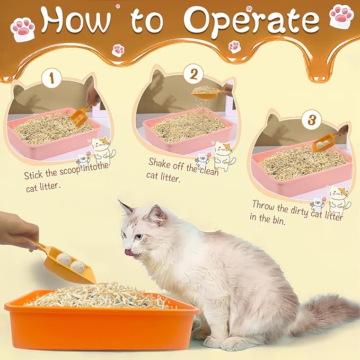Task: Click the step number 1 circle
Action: [51, 80]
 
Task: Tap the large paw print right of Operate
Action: [340, 15]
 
